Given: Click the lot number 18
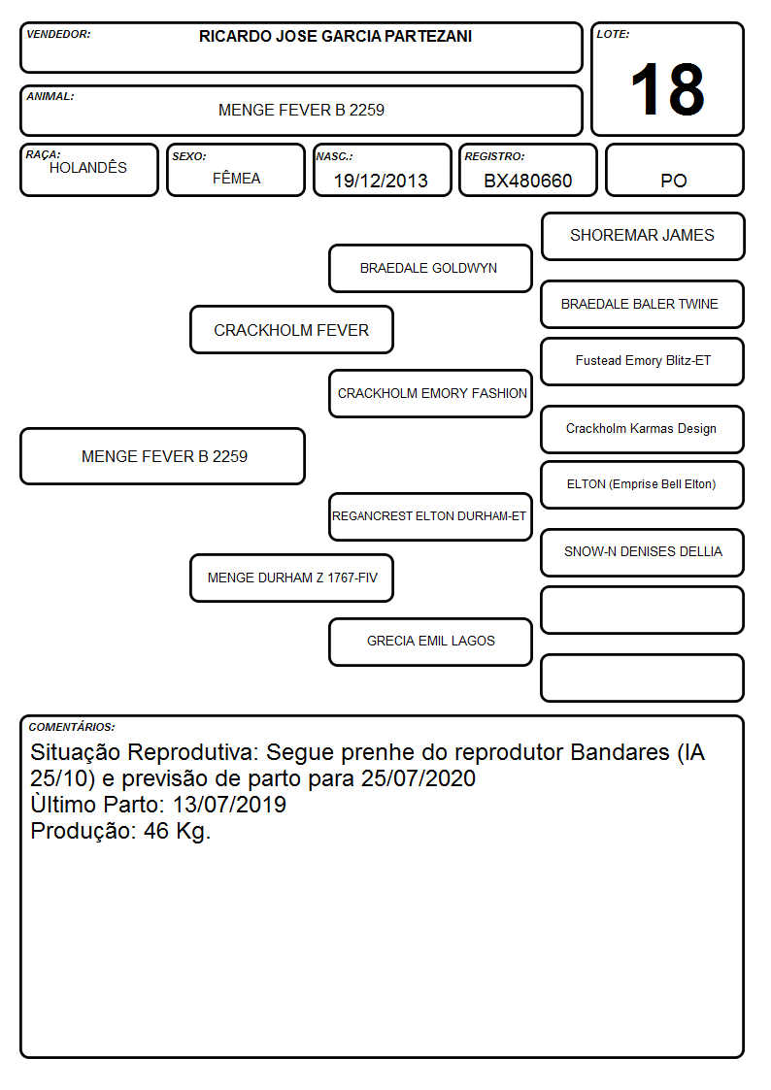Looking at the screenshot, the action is point(667,89).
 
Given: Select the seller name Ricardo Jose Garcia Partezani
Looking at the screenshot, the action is point(335,36).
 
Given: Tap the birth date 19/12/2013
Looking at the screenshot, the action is point(381,181).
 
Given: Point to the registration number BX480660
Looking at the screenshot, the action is point(527,181).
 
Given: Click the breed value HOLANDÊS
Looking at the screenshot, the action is point(88,168).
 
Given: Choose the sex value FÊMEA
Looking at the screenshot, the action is point(236,178).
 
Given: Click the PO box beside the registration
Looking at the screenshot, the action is point(674,170).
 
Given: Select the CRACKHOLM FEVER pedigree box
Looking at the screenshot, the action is point(291,329).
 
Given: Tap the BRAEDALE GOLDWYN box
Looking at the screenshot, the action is point(430,268).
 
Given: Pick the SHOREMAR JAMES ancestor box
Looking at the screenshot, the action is point(643,237).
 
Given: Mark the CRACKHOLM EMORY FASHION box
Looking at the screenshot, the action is point(430,393).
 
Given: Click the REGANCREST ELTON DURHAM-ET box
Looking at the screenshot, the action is point(430,516).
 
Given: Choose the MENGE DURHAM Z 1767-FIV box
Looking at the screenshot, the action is point(291,578).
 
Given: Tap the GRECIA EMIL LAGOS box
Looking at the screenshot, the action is point(430,642).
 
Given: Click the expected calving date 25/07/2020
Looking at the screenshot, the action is point(419,778).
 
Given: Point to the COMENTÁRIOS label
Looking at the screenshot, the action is point(72,727).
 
